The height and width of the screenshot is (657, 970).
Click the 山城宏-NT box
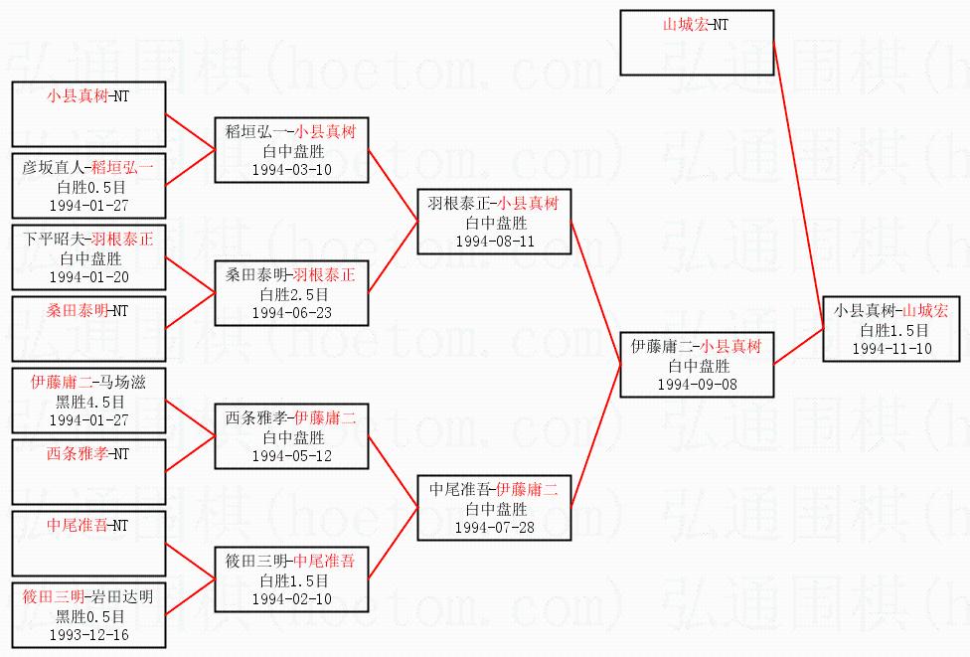[697, 43]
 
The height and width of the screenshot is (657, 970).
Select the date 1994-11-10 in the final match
[891, 348]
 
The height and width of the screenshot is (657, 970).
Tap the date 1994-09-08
[697, 384]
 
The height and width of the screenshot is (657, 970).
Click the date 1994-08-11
[494, 241]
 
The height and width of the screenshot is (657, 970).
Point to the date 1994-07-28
[494, 527]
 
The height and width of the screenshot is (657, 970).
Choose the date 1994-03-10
[291, 169]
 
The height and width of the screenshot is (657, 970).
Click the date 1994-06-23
[291, 312]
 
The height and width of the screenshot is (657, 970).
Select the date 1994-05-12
[291, 455]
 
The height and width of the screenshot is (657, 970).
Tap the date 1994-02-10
[291, 598]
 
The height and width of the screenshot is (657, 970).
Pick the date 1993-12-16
[88, 634]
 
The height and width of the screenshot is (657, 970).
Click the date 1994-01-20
[88, 276]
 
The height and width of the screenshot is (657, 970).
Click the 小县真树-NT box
[88, 114]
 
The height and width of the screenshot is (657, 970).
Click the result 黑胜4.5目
[88, 402]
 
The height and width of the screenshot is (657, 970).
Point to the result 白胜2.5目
[291, 294]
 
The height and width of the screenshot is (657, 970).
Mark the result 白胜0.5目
[88, 187]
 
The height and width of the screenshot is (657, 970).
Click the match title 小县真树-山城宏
[891, 311]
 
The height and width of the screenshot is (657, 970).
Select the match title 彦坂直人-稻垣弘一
[88, 168]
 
